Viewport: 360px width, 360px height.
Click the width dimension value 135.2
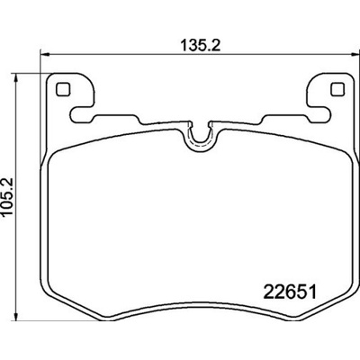click(201, 46)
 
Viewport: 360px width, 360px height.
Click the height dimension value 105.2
click(6, 196)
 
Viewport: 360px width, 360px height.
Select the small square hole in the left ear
click(63, 89)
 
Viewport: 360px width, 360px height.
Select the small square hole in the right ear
click(337, 89)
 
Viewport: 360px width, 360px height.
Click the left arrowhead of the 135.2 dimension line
click(44, 54)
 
